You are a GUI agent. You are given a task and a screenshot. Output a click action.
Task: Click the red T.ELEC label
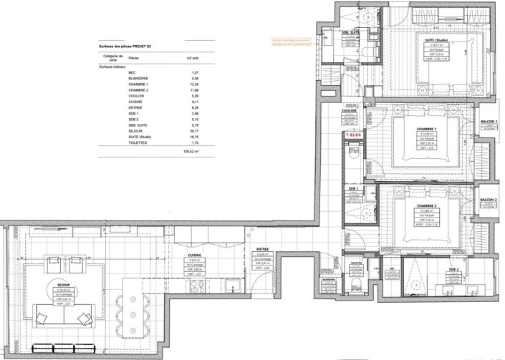(351, 135)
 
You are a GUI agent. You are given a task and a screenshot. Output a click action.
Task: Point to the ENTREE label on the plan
(262, 250)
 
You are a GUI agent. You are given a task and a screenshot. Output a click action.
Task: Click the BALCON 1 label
(488, 122)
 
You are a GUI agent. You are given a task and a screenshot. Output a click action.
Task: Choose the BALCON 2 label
(488, 200)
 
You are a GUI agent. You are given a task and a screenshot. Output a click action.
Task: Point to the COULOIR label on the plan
(350, 112)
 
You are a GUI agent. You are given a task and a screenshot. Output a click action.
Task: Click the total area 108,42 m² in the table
(192, 152)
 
